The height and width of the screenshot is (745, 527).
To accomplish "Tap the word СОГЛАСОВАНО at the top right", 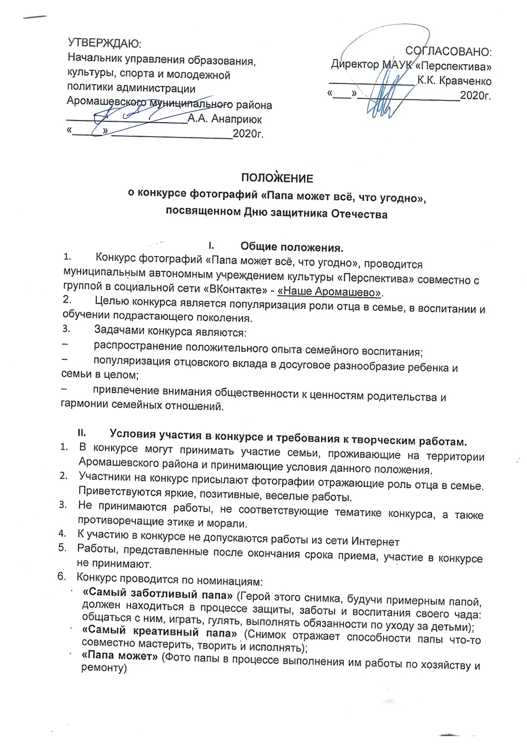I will coord(448,51).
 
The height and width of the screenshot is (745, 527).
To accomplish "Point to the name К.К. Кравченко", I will coord(454,81).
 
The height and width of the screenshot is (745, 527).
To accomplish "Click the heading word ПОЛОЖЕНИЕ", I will coord(277,178).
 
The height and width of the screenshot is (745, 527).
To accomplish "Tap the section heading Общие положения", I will coord(292,247).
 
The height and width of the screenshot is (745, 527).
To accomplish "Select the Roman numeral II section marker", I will coord(82,433).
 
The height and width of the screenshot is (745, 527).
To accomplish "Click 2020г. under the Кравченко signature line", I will coord(475,95).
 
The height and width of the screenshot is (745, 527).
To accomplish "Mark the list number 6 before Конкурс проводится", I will coord(61,576).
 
